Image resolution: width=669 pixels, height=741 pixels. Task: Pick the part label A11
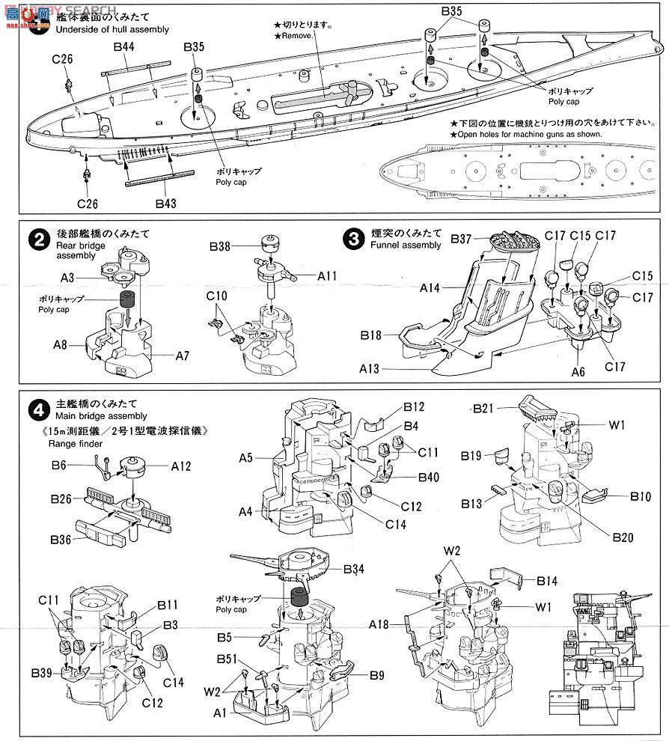point(328,276)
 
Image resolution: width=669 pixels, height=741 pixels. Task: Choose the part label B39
point(42,672)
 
